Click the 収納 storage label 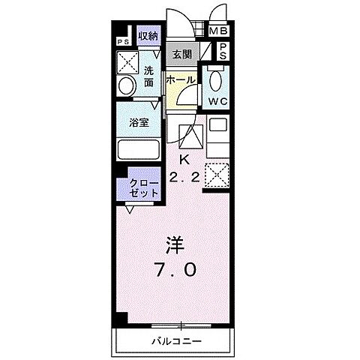pos(148,35)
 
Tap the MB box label pos(218,31)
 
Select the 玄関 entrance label pos(181,54)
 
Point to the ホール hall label pos(180,80)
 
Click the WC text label pos(218,100)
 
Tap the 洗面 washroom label pos(149,76)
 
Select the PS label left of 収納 pos(121,42)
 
